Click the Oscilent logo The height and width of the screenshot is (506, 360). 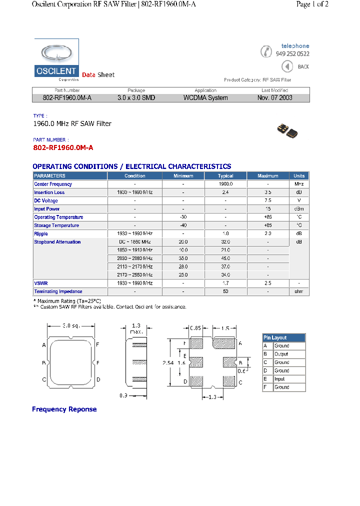click(x=56, y=60)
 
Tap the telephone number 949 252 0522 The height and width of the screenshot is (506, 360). click(x=292, y=54)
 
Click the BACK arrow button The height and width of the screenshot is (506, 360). click(x=287, y=66)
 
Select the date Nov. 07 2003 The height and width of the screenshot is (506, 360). click(x=274, y=98)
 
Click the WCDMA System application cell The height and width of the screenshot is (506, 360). click(x=205, y=98)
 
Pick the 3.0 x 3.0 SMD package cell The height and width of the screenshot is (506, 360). click(x=136, y=98)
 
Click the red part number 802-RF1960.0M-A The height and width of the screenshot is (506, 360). click(x=63, y=148)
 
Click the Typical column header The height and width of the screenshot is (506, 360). click(x=225, y=176)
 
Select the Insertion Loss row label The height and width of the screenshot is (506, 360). click(x=49, y=192)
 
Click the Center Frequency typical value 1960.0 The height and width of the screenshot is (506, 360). click(x=225, y=184)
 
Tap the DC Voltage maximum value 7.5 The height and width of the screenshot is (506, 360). click(x=268, y=200)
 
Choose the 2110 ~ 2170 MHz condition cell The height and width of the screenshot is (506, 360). click(x=135, y=266)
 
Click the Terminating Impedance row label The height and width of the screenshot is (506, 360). click(x=58, y=291)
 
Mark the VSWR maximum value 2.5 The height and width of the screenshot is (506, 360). click(x=268, y=283)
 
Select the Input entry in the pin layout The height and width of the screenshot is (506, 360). click(x=280, y=379)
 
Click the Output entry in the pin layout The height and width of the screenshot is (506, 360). click(x=281, y=354)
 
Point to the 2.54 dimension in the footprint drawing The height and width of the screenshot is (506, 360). click(x=168, y=363)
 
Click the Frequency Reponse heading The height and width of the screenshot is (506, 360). click(x=64, y=409)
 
